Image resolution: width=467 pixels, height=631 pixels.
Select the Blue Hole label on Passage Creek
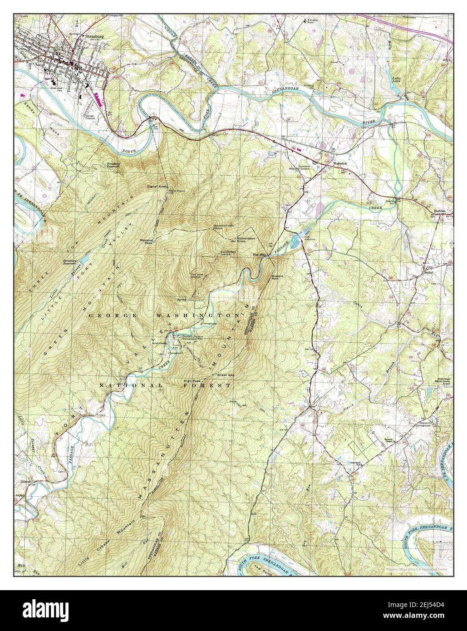(259, 255)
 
